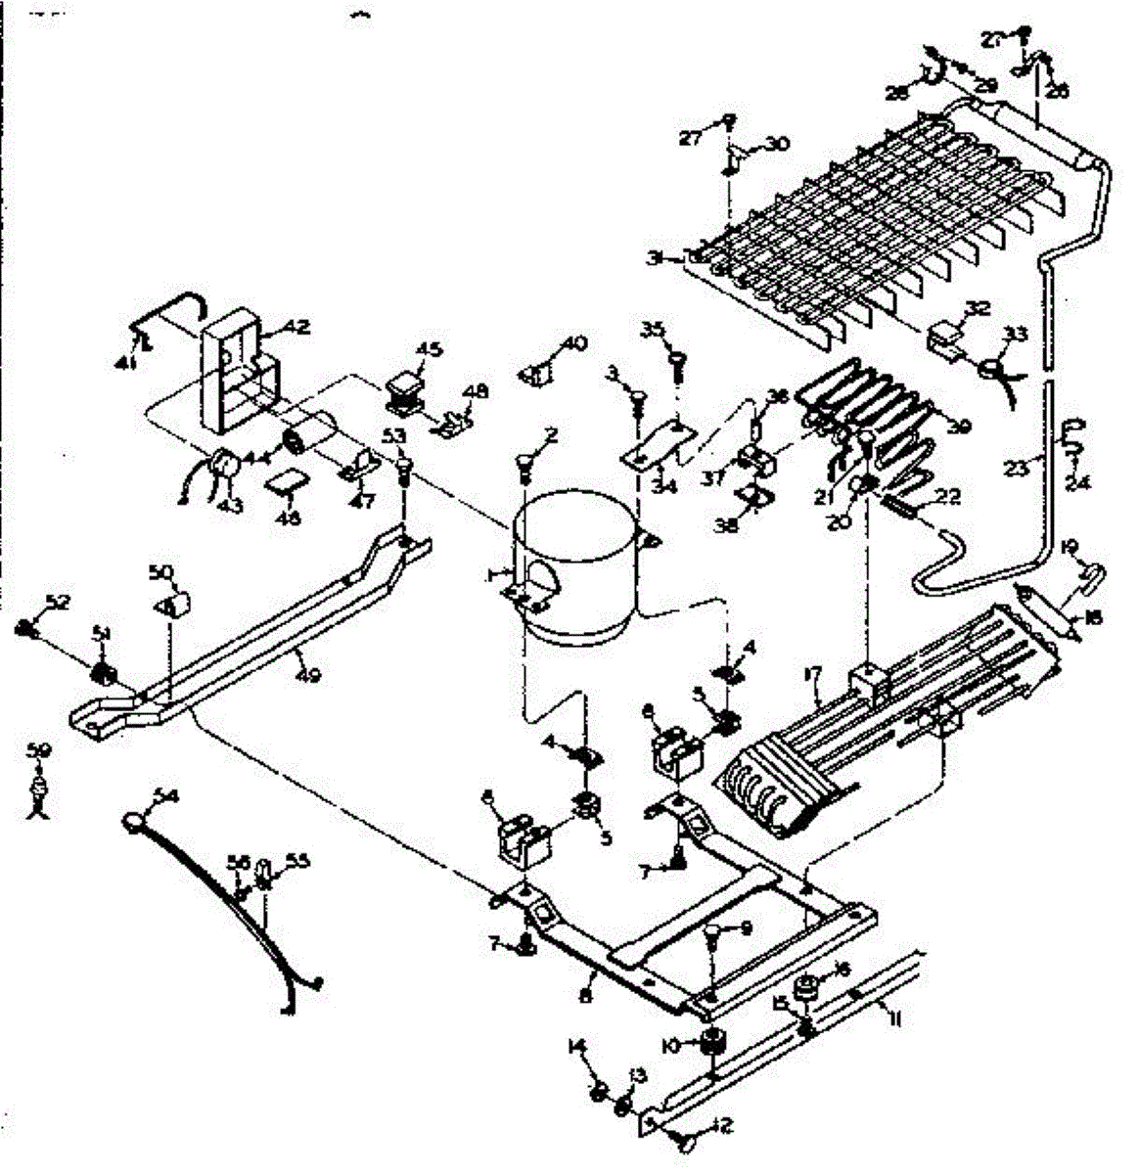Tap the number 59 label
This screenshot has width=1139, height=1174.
[38, 751]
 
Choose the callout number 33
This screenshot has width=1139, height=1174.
[1016, 334]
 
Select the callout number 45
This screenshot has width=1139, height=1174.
[430, 347]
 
